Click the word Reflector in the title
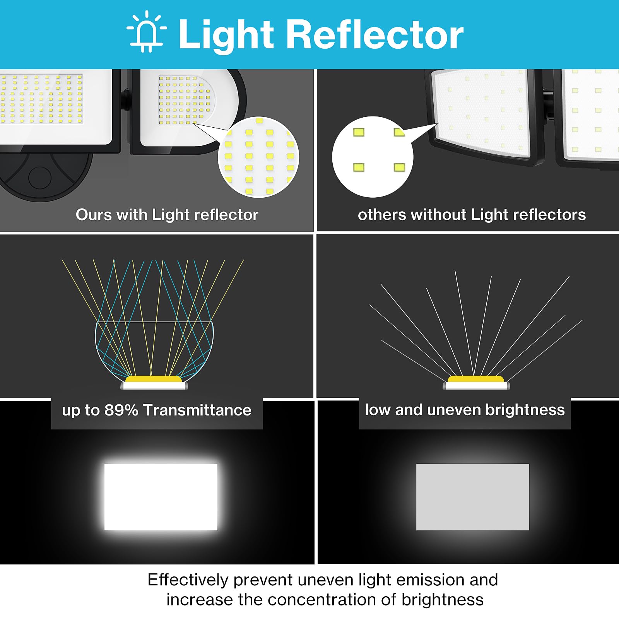[374, 35]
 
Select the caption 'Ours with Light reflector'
[167, 215]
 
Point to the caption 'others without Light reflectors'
[472, 215]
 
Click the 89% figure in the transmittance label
[121, 410]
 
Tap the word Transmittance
[197, 410]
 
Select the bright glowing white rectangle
[161, 497]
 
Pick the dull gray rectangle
[472, 497]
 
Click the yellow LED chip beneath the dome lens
[154, 379]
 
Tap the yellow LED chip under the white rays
[476, 379]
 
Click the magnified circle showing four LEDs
[373, 157]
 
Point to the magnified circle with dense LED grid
[258, 157]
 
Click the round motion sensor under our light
[40, 178]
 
